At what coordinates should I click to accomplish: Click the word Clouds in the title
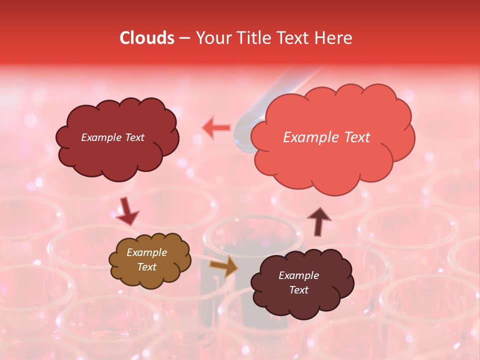[147, 38]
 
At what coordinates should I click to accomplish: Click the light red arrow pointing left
[216, 128]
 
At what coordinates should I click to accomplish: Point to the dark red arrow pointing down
[127, 211]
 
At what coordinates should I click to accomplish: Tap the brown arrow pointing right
[224, 266]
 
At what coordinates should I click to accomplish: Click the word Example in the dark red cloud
[100, 137]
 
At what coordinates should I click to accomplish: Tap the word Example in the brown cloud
[147, 252]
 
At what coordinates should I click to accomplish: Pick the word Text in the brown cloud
[147, 267]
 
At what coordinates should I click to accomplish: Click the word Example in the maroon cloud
[298, 275]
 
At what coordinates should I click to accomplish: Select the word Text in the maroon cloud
[298, 290]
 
